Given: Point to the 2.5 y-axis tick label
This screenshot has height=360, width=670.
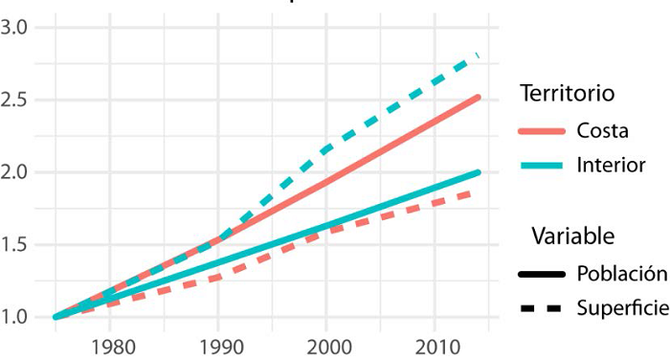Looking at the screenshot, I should (16, 100).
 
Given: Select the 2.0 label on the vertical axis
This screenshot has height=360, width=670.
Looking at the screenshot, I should (16, 172).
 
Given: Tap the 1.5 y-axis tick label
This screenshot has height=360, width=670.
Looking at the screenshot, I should (16, 244).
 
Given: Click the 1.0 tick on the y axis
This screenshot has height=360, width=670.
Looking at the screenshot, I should (16, 317).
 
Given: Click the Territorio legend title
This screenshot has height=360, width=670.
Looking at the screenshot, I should (567, 94).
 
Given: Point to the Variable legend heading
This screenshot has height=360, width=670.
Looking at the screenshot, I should (573, 236).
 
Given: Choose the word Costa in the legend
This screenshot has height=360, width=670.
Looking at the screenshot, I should (603, 130).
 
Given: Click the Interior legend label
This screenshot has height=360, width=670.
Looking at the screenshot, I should (611, 166).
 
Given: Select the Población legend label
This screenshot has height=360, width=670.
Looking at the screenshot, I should (621, 273).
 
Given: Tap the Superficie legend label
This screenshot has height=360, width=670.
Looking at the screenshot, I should (622, 308).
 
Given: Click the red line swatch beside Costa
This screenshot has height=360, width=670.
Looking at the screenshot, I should (542, 131).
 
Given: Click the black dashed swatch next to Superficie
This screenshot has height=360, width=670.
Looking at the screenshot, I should (542, 308).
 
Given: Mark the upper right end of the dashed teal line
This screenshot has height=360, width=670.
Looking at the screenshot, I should (477, 56).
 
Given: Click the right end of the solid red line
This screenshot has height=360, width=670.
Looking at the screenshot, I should (477, 97).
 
